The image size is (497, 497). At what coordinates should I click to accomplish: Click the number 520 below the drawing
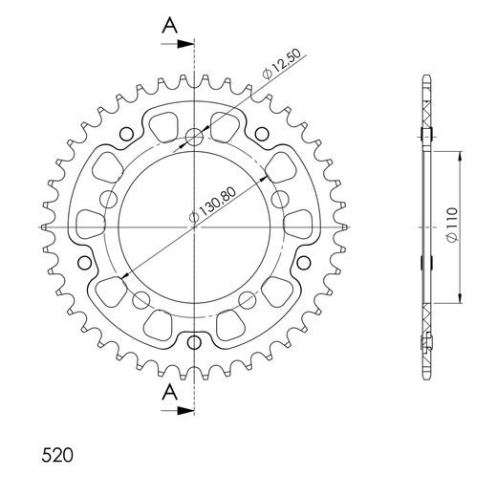[58, 452]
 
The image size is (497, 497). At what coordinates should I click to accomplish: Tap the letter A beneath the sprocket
[168, 392]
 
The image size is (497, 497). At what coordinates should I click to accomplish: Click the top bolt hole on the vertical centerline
[195, 137]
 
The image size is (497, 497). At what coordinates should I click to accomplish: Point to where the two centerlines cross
[195, 227]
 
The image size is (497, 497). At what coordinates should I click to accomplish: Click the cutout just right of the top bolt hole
[228, 123]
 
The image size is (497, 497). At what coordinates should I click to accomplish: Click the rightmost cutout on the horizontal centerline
[303, 227]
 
